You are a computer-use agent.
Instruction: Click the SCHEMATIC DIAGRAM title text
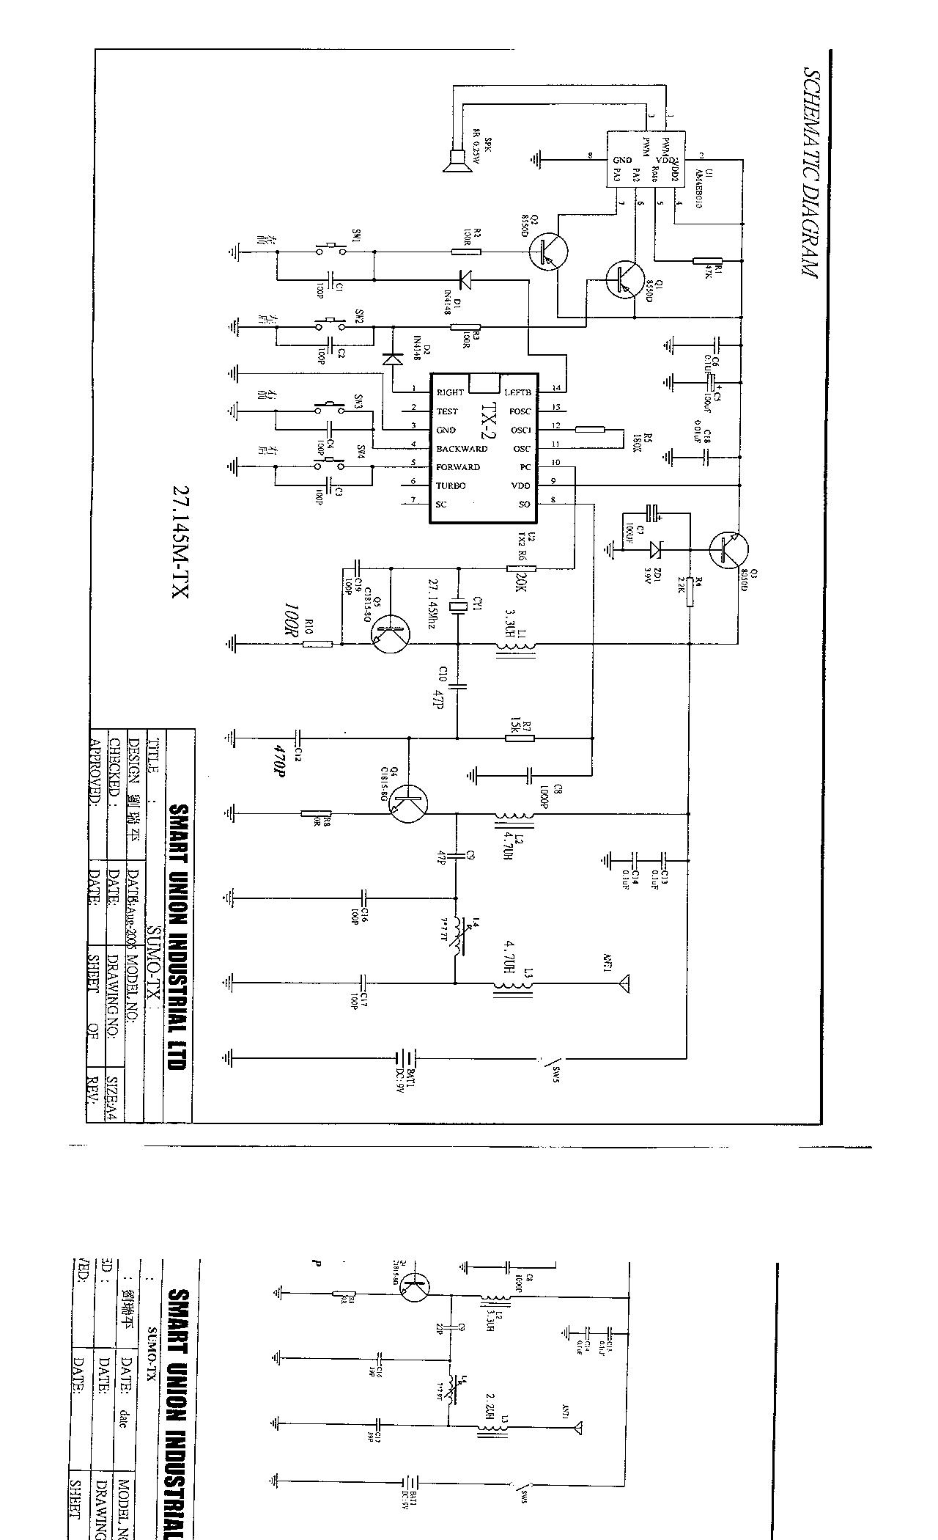(810, 174)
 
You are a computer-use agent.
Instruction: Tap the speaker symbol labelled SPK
(455, 159)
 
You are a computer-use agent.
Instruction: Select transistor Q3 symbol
(729, 550)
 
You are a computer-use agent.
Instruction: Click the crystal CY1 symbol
(458, 606)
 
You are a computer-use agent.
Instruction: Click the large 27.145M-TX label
(180, 542)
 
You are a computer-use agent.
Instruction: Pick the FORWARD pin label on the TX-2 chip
(458, 467)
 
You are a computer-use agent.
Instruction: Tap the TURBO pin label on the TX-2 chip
(451, 485)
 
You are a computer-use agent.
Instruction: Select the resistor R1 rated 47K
(707, 260)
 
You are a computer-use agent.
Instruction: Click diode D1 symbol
(463, 279)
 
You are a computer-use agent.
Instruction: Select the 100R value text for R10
(292, 621)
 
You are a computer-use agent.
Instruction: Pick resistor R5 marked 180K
(590, 429)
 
